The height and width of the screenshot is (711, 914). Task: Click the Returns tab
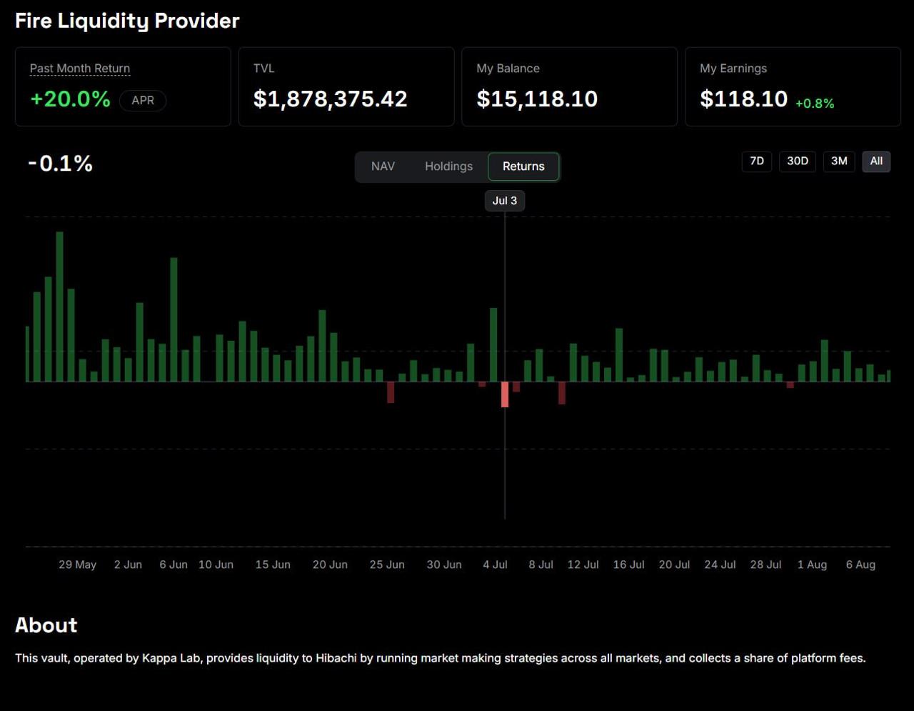(x=523, y=166)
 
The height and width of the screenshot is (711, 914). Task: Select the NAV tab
(x=383, y=166)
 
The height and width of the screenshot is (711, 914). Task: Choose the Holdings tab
(x=448, y=166)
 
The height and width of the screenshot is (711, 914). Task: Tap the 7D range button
(x=757, y=161)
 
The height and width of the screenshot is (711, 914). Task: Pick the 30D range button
(x=798, y=161)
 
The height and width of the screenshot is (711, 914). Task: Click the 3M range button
(x=839, y=161)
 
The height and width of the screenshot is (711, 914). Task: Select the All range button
(x=876, y=161)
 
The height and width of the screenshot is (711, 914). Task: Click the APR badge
(x=143, y=101)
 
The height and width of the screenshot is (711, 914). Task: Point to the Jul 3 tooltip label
(x=505, y=201)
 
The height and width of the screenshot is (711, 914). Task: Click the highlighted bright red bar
(x=505, y=394)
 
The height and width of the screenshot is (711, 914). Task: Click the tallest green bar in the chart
(x=60, y=307)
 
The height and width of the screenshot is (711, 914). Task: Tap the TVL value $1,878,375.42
(x=330, y=99)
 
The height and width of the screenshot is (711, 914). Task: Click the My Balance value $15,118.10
(x=537, y=99)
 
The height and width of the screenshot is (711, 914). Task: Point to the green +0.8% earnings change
(x=815, y=104)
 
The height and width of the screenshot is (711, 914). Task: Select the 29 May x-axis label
(x=77, y=565)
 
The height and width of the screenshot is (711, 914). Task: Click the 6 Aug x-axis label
(x=860, y=565)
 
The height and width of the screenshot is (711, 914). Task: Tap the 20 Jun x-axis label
(x=330, y=565)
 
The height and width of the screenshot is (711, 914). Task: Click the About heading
(x=46, y=625)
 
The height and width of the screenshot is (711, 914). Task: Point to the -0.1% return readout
(x=60, y=163)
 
